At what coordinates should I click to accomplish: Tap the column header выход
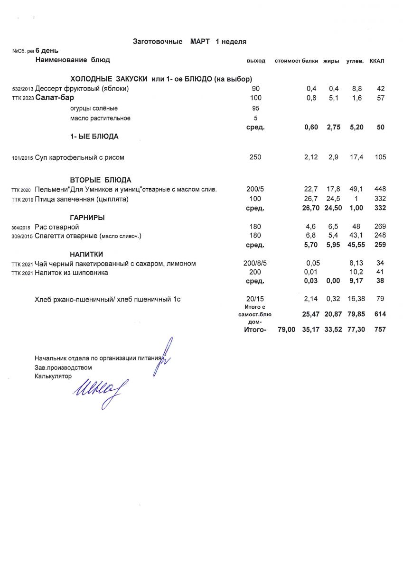tap(256, 61)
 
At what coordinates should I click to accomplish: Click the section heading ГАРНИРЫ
tap(87, 218)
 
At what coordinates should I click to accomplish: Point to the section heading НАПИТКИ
tap(86, 254)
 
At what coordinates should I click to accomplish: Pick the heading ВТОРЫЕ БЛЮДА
tap(101, 180)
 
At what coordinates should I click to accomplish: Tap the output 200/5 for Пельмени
tap(255, 189)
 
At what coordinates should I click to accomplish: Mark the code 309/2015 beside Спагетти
tap(22, 236)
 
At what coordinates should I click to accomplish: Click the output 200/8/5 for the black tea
tap(255, 263)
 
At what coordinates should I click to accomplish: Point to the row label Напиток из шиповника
tap(71, 273)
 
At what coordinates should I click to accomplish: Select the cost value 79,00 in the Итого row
tap(286, 329)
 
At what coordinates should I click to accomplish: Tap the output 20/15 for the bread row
tap(255, 299)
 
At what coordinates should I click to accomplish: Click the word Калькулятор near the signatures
tap(53, 376)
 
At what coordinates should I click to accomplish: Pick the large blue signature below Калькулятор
tap(97, 392)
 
